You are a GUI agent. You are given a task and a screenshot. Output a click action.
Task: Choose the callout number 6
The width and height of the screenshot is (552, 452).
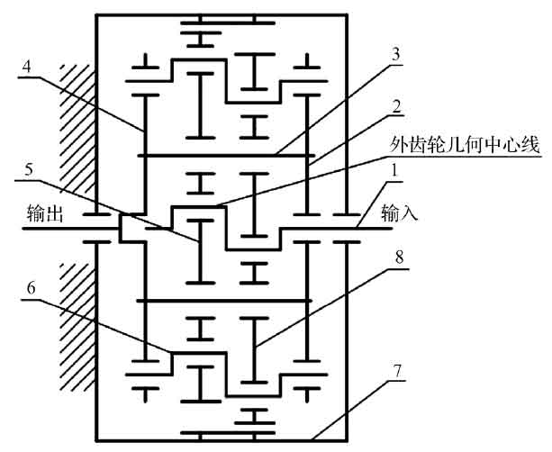coord(33,291)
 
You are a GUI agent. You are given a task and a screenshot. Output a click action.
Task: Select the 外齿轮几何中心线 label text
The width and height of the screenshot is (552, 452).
coord(467,144)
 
